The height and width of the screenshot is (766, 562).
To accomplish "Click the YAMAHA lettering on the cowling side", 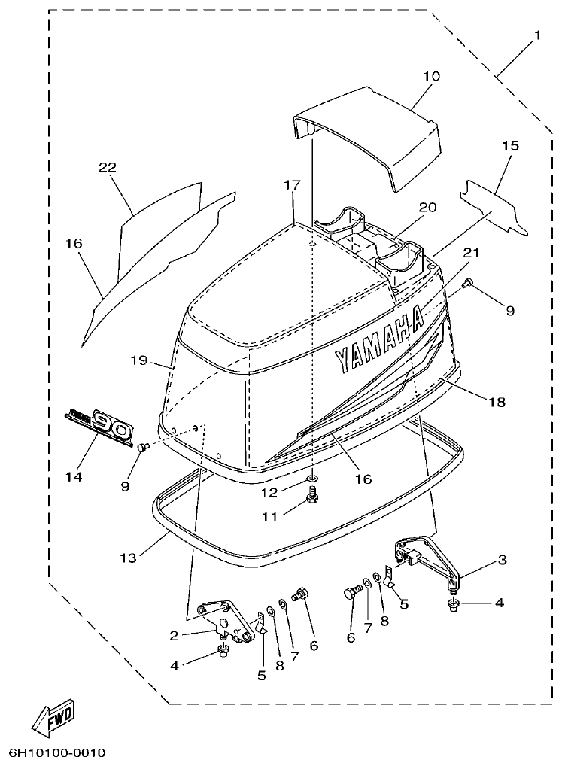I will (379, 339).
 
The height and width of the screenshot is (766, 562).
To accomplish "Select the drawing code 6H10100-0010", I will (57, 752).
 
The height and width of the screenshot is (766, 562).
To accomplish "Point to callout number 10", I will (431, 77).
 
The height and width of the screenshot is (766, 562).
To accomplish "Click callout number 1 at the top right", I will (537, 36).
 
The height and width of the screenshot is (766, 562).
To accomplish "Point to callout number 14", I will (74, 477).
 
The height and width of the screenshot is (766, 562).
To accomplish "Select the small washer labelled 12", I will (311, 479).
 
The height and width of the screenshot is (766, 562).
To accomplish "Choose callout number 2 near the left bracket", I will (174, 635).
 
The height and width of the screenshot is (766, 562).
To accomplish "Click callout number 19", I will (137, 360).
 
